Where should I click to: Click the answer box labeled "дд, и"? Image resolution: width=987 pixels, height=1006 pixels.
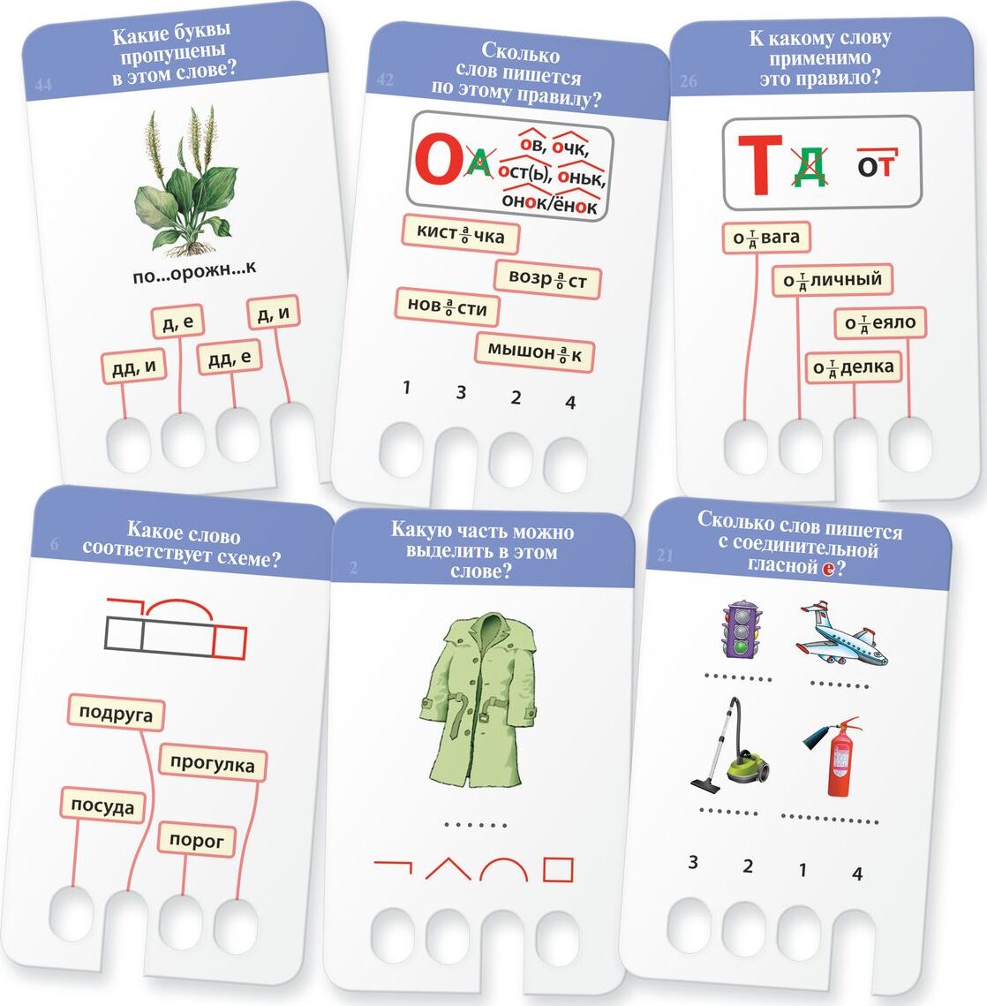pos(134,367)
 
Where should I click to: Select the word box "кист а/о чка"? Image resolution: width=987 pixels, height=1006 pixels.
pos(461,234)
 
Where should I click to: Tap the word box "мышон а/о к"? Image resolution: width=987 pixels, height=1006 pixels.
pos(534,352)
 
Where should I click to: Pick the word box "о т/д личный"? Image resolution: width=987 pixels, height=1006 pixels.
pos(833,280)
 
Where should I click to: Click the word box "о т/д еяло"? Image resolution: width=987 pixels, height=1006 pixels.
pos(880,322)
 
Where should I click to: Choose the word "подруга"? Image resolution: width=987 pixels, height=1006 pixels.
pos(116,713)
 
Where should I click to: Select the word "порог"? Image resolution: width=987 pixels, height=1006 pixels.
pos(197,839)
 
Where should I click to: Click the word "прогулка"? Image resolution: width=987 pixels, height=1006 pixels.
pos(212,763)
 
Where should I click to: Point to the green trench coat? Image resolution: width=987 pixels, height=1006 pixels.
pos(478,701)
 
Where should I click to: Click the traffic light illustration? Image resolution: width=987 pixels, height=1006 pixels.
pos(742,630)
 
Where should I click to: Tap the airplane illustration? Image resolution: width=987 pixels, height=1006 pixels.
pos(840,634)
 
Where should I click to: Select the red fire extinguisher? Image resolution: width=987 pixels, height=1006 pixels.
pos(833,756)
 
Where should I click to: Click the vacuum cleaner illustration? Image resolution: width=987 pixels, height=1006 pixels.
pos(733,743)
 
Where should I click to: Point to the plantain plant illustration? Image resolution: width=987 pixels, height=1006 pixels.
pos(185,182)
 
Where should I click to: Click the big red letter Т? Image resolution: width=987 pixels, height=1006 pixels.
pos(760,164)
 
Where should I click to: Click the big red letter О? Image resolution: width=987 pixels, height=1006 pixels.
pos(437,159)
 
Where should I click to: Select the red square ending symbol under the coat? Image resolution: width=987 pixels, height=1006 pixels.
pos(558,869)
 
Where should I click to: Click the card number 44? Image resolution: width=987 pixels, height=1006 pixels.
pos(43,84)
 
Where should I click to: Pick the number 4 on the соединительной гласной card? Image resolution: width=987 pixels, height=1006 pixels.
pos(857,874)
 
